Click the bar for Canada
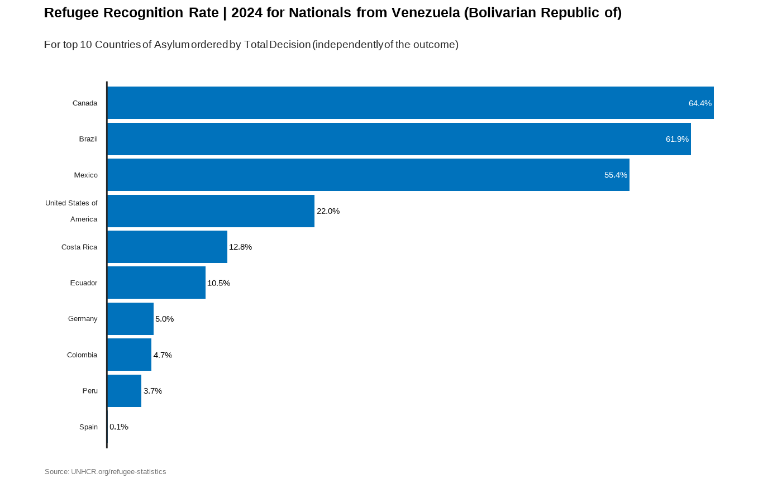point(411,103)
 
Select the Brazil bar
point(399,139)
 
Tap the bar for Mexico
point(368,175)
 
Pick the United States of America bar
point(211,211)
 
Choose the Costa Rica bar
point(167,247)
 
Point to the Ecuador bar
point(156,283)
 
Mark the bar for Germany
point(130,319)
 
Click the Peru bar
point(124,391)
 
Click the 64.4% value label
point(700,103)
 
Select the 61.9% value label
point(677,139)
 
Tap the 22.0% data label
point(328,211)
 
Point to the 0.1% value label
point(119,427)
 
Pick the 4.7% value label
point(163,355)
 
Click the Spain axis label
point(88,427)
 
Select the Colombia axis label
point(82,355)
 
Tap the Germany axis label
point(83,319)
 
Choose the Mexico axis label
point(85,175)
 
